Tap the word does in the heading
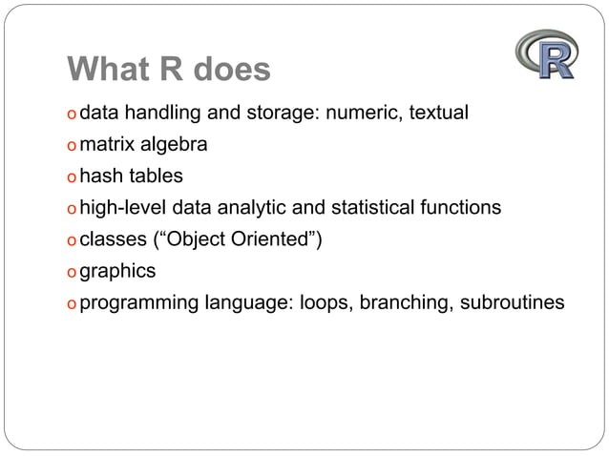pos(233,70)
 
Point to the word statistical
pos(375,208)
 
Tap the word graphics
pos(117,272)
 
